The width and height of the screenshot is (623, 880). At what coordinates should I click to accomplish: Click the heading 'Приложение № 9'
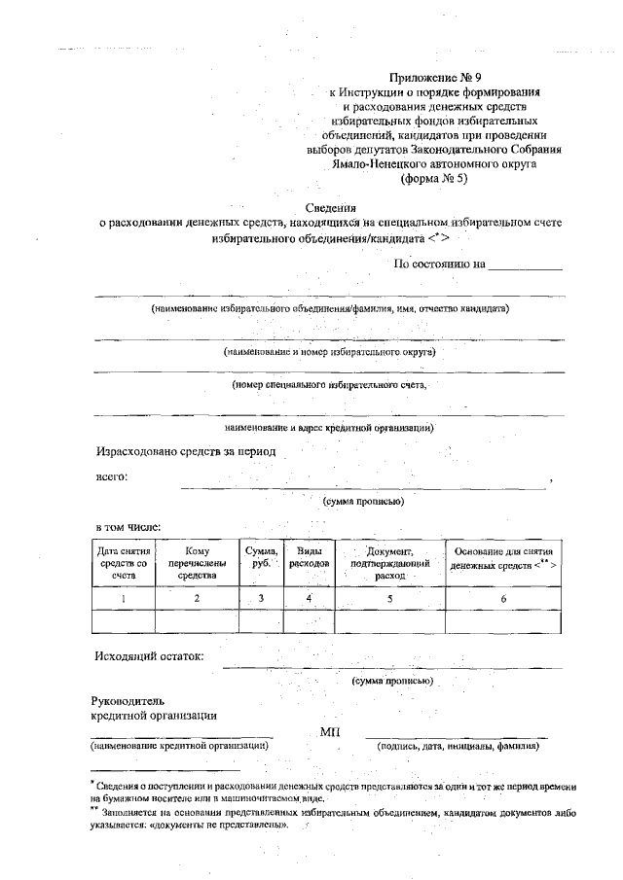pos(434,75)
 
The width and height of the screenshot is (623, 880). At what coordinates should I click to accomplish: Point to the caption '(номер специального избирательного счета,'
pos(328,385)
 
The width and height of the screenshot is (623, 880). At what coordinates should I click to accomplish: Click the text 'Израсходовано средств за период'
pos(186,451)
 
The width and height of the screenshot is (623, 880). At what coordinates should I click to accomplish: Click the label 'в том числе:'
pos(128,527)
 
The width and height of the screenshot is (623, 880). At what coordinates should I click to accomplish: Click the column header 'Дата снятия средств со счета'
pos(123,563)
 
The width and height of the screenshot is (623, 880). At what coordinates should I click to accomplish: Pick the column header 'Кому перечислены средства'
pos(197,563)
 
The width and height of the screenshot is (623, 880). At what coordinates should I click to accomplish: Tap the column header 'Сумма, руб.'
pos(261,557)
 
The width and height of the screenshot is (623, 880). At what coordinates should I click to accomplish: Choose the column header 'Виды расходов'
pos(309,557)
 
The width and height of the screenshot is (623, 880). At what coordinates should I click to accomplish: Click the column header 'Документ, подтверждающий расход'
pos(389,563)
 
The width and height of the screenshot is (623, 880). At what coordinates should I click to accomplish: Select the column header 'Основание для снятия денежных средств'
pos(503,557)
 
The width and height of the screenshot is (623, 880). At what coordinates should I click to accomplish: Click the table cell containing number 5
pos(389,598)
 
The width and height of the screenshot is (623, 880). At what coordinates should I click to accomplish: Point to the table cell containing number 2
pos(197,598)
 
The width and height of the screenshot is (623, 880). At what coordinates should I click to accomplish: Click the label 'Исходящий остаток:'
pos(149,655)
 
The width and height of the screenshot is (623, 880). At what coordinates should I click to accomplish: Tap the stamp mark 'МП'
pos(330,731)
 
